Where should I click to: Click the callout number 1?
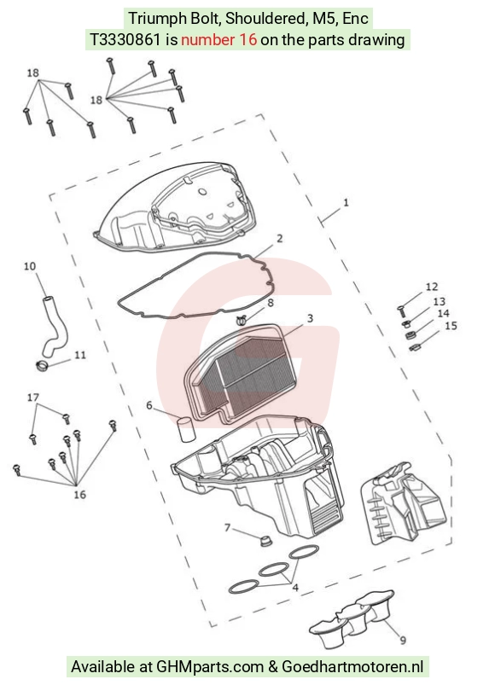click(x=346, y=203)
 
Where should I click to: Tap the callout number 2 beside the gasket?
click(x=280, y=238)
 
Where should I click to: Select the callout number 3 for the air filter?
click(x=310, y=318)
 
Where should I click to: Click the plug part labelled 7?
click(x=265, y=540)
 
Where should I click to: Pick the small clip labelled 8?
click(x=242, y=320)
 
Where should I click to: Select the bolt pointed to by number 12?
click(x=402, y=311)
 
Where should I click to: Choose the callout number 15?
click(x=451, y=326)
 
